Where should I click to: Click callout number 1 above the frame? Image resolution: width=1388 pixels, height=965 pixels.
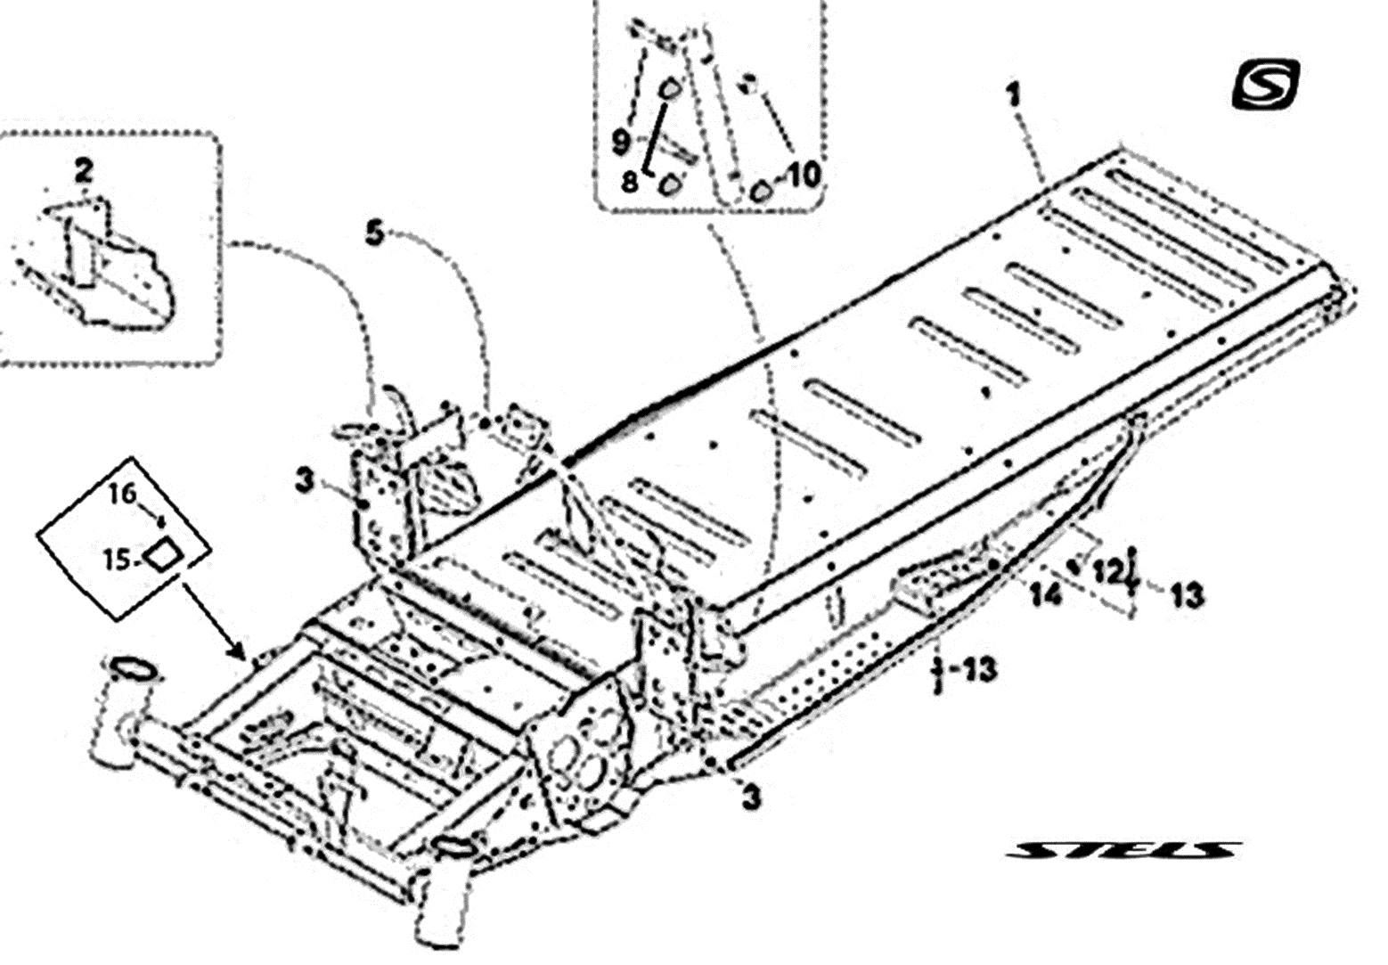[x=1013, y=96]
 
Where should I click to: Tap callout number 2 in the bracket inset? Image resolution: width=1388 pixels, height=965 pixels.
[x=84, y=171]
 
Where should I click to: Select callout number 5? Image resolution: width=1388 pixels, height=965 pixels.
[x=374, y=235]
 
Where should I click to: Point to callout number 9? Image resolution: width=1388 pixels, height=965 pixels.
[x=621, y=142]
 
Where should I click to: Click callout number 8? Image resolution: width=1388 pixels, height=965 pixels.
[x=629, y=183]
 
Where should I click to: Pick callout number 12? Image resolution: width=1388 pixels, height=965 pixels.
[x=1107, y=572]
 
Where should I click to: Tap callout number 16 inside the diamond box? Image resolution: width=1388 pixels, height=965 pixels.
[x=123, y=494]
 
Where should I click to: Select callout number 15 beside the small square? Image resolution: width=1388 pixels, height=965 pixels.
[x=117, y=560]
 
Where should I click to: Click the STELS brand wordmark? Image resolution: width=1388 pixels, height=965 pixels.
[x=1123, y=850]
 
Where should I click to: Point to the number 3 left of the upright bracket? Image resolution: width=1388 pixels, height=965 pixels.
[x=305, y=481]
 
